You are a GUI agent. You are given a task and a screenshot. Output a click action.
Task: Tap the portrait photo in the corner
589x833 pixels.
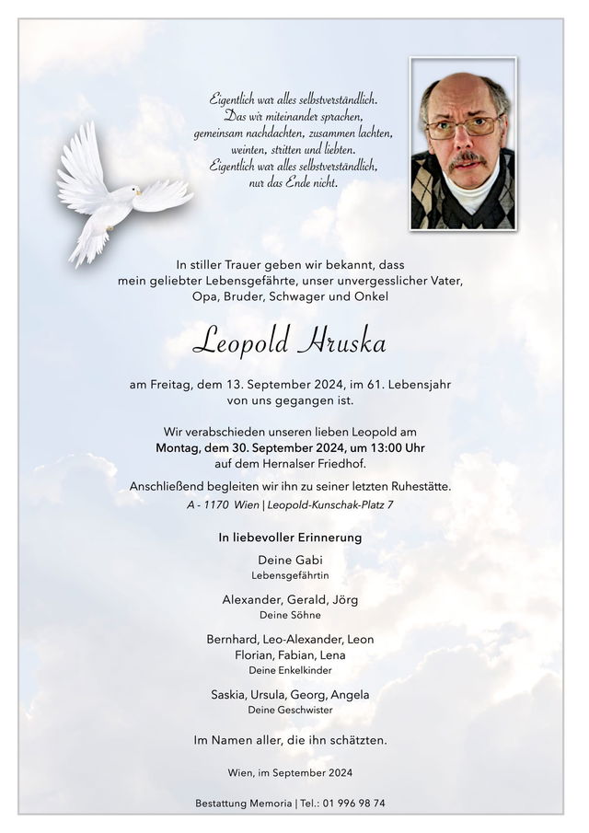(463, 145)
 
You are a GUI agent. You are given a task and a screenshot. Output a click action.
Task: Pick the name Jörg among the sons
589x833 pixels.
(342, 599)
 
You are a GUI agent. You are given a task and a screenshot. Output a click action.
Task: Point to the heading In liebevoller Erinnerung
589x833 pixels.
(290, 537)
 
